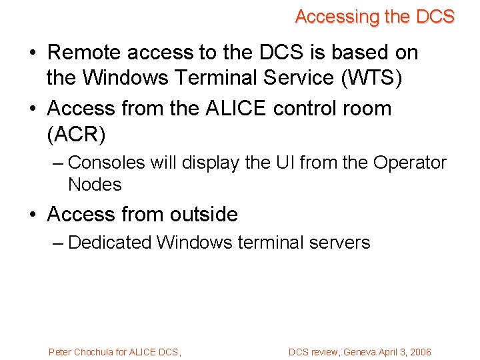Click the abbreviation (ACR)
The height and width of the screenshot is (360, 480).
pos(76,135)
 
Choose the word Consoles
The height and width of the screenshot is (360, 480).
pos(106,163)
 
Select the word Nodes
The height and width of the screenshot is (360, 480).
pos(95,185)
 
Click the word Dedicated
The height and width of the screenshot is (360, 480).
pos(110,243)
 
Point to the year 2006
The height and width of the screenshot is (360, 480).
pos(420,352)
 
